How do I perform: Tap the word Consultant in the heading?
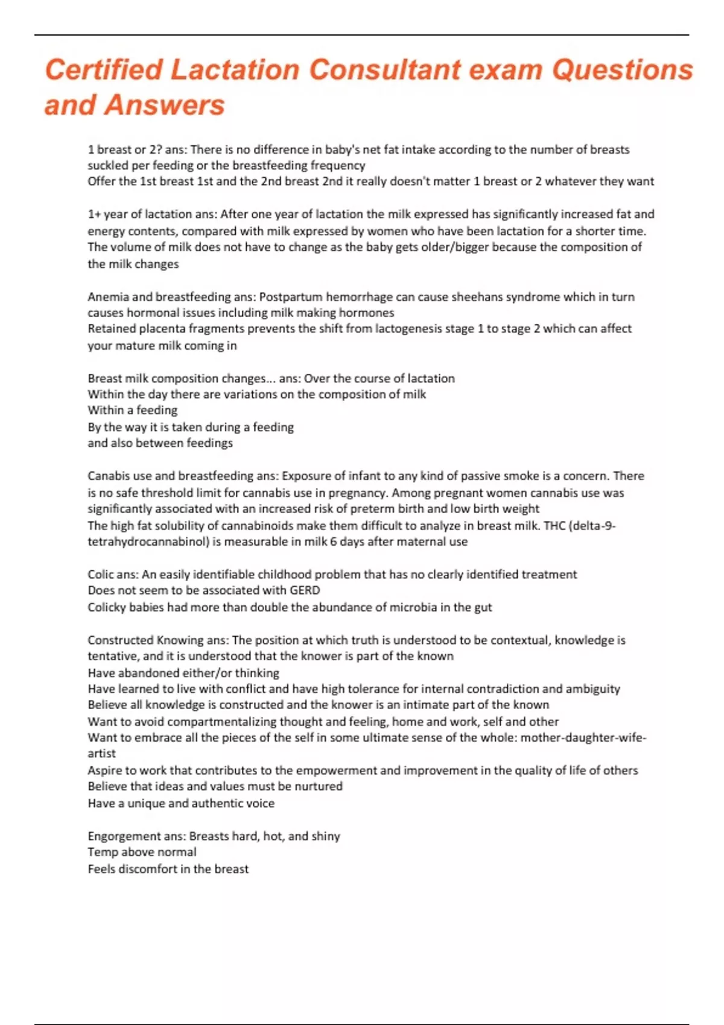pyautogui.click(x=385, y=69)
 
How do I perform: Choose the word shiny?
pyautogui.click(x=326, y=836)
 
